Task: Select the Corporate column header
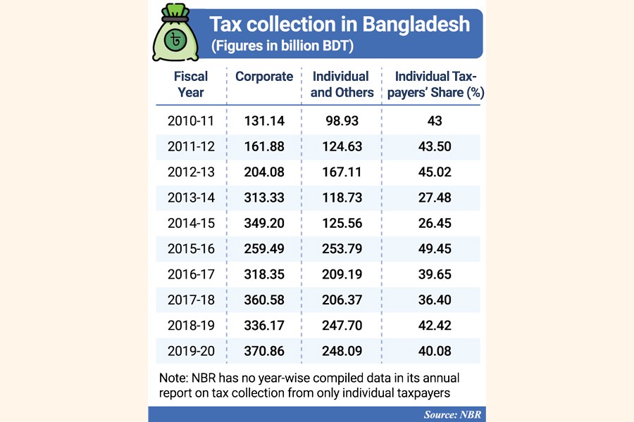pyautogui.click(x=264, y=77)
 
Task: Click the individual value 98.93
pyautogui.click(x=340, y=121)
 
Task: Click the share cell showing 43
pyautogui.click(x=434, y=121)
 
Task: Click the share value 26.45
pyautogui.click(x=433, y=224)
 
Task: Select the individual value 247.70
pyautogui.click(x=340, y=326)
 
